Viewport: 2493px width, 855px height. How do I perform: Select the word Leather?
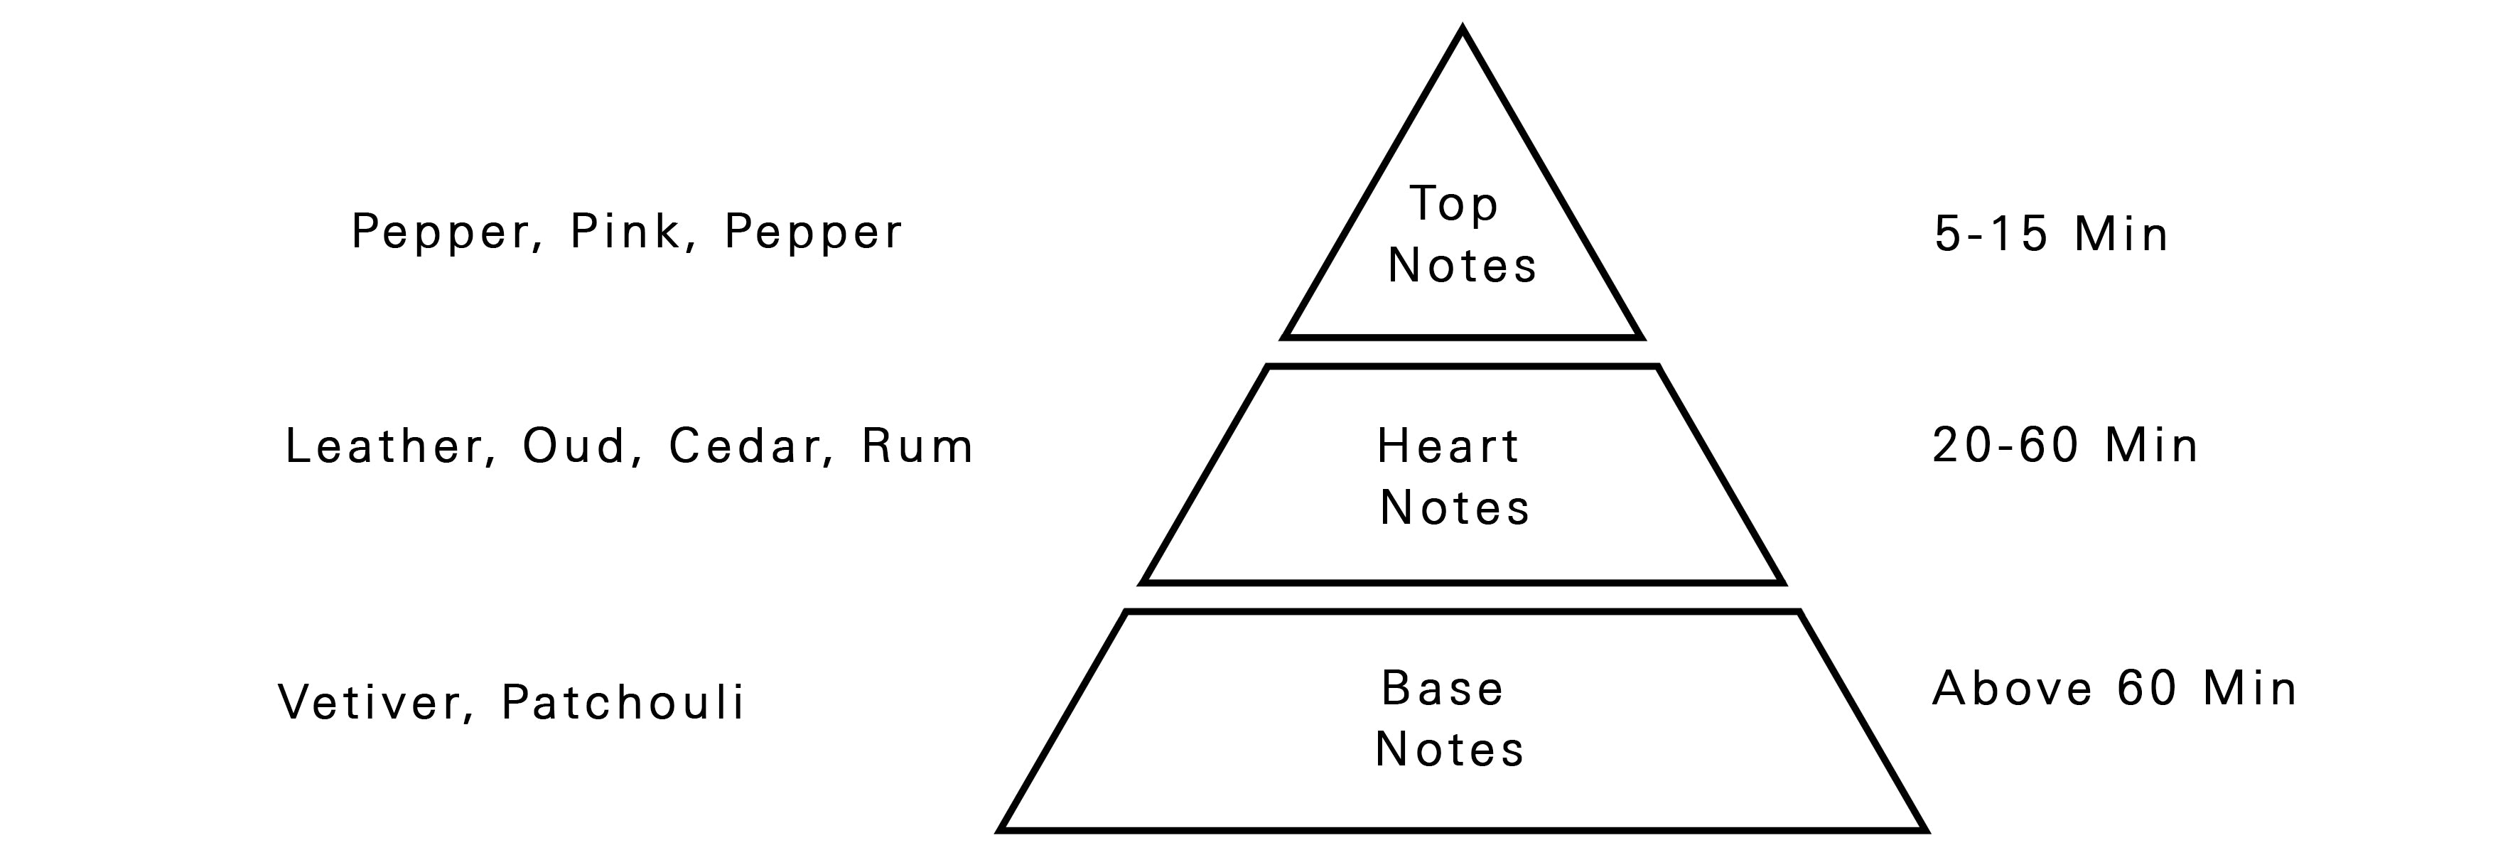(383, 446)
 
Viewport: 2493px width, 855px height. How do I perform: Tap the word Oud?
(575, 446)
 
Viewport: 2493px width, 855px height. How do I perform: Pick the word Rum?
(917, 446)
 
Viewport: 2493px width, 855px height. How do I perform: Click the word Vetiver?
(370, 702)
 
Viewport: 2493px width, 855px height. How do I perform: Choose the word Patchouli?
(623, 702)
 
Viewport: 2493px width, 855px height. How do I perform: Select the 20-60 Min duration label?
(2065, 446)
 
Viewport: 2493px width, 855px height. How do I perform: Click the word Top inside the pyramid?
(1453, 204)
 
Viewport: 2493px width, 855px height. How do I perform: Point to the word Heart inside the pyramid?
(1449, 446)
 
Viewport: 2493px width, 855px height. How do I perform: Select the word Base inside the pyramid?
(1442, 689)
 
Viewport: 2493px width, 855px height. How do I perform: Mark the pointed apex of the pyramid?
(1463, 31)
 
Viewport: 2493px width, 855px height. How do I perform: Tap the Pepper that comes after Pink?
(813, 232)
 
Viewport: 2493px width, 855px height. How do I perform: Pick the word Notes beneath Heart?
(1455, 507)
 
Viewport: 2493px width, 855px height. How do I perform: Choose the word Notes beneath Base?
(1450, 749)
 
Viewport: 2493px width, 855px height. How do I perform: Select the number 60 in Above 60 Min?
(2146, 689)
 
